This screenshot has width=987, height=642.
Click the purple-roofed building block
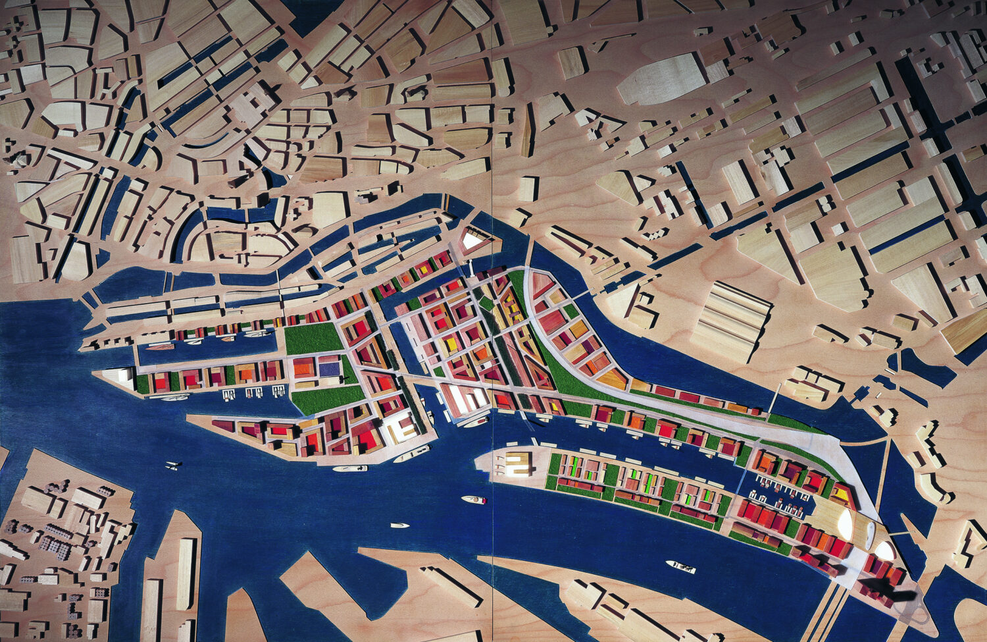click(x=330, y=366)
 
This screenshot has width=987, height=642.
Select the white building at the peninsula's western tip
click(x=122, y=378)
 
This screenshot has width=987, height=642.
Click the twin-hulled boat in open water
click(x=173, y=466)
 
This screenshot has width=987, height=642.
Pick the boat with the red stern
click(x=474, y=500)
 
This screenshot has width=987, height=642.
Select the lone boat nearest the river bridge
click(x=680, y=566)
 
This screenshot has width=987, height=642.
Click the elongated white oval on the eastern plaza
click(x=844, y=523)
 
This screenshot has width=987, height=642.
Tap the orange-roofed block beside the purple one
click(x=303, y=367)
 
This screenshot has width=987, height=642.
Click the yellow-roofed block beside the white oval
click(x=841, y=491)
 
